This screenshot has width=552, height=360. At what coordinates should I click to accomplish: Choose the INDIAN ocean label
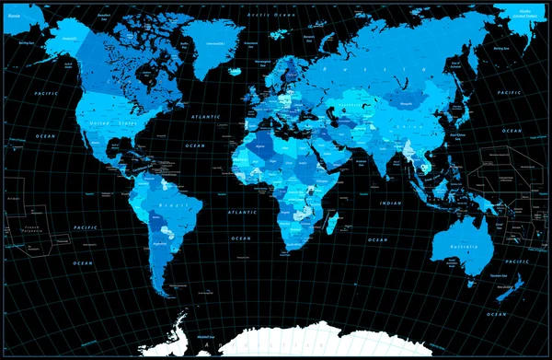[390, 203]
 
